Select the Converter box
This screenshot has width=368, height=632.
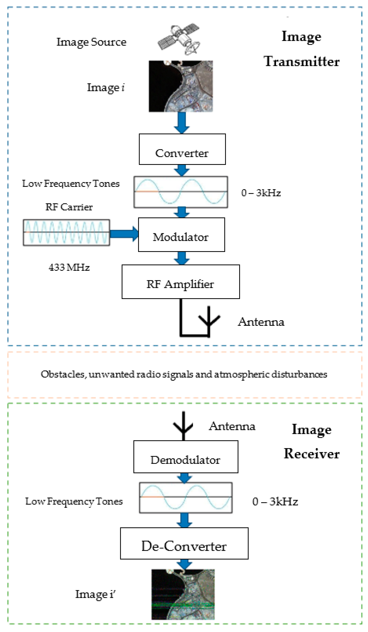pos(182,149)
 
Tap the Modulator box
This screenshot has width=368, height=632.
pos(181,234)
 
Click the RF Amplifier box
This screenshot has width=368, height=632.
pos(181,282)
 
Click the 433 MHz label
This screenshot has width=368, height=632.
pos(69,267)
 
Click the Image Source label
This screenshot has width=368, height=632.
pos(91,42)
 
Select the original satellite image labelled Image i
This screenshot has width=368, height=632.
pos(181,86)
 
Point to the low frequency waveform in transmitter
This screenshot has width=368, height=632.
pos(181,192)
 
